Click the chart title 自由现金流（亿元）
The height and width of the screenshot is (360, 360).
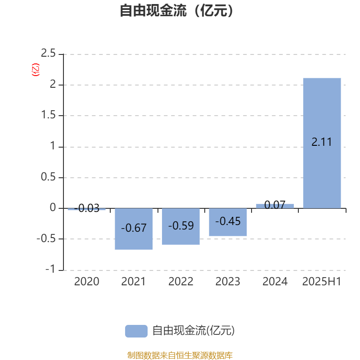pyautogui.click(x=176, y=10)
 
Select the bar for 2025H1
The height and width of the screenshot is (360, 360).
pyautogui.click(x=322, y=143)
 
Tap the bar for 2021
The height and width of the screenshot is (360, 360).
pyautogui.click(x=134, y=229)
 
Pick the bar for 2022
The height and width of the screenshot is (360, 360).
pyautogui.click(x=181, y=226)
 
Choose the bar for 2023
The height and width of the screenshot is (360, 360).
pyautogui.click(x=228, y=222)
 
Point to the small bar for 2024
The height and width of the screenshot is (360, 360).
pyautogui.click(x=275, y=206)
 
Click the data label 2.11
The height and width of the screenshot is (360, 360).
pyautogui.click(x=322, y=142)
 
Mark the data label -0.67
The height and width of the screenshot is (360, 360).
pyautogui.click(x=134, y=228)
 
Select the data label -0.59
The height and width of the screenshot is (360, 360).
pyautogui.click(x=181, y=226)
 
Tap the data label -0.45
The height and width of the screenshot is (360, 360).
pyautogui.click(x=228, y=221)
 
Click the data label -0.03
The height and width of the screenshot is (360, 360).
pyautogui.click(x=86, y=208)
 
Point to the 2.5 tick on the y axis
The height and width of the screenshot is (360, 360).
pyautogui.click(x=48, y=53)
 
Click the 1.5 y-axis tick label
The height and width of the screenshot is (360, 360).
pyautogui.click(x=48, y=115)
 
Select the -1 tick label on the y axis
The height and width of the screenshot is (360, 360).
pyautogui.click(x=50, y=269)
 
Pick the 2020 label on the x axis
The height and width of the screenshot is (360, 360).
pyautogui.click(x=86, y=282)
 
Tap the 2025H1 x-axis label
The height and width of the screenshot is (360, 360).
pyautogui.click(x=322, y=282)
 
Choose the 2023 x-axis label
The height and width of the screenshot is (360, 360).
pyautogui.click(x=228, y=282)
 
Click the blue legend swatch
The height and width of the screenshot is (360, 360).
pyautogui.click(x=136, y=331)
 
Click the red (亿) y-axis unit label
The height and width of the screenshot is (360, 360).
pyautogui.click(x=36, y=70)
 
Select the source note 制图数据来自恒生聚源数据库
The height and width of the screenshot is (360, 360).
pyautogui.click(x=180, y=355)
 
